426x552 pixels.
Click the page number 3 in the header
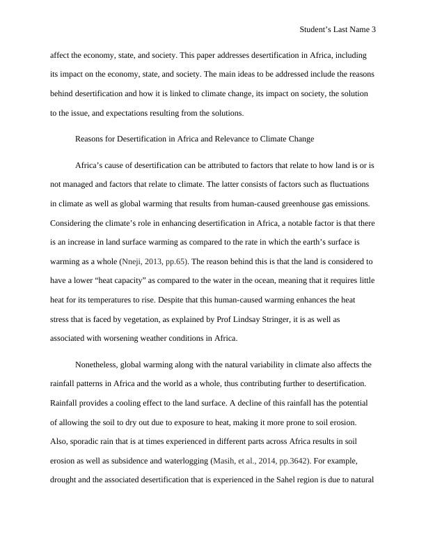tap(374, 30)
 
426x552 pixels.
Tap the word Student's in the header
tap(316, 30)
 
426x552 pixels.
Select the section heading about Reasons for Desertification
tap(194, 139)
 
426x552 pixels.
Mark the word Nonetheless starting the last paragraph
tap(98, 364)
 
